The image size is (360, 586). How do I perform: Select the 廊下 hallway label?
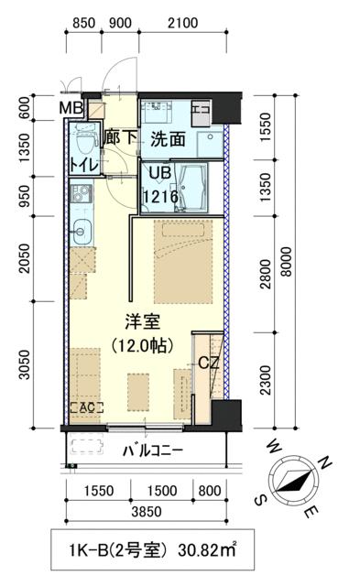pyautogui.click(x=120, y=140)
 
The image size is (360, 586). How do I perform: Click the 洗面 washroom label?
pyautogui.click(x=169, y=140)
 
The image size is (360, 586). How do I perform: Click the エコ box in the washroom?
pyautogui.click(x=202, y=111)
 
